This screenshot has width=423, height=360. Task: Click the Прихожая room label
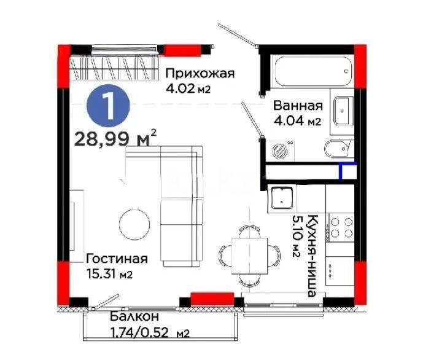click(x=200, y=74)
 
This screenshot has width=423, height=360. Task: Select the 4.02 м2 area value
click(x=188, y=88)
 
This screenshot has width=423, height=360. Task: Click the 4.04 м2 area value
click(x=297, y=121)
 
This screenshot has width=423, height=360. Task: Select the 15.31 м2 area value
click(x=109, y=272)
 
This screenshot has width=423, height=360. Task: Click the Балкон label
click(x=134, y=317)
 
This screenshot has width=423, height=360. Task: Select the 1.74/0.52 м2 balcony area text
click(x=149, y=333)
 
